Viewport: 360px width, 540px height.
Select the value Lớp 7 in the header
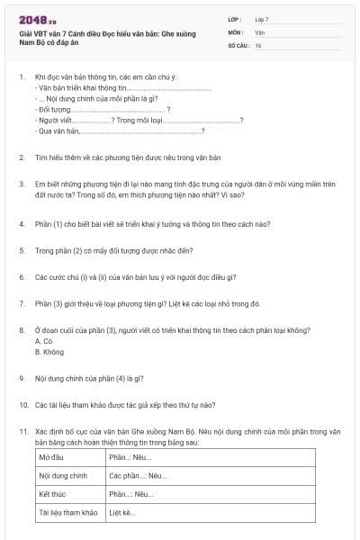pyautogui.click(x=261, y=19)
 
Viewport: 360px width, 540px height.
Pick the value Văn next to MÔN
pyautogui.click(x=258, y=31)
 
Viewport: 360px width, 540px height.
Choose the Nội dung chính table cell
pyautogui.click(x=62, y=475)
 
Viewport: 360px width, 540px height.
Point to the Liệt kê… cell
pyautogui.click(x=121, y=513)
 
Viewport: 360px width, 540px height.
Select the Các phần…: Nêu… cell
pyautogui.click(x=137, y=475)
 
